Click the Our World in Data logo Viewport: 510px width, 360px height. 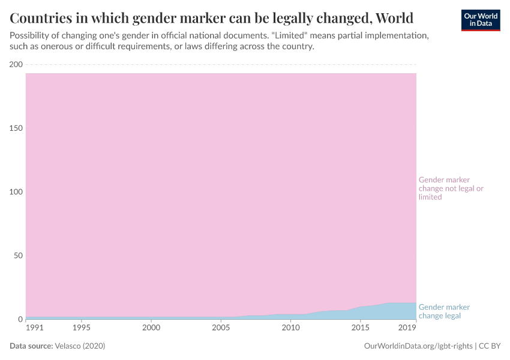click(480, 19)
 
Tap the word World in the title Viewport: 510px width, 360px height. click(394, 16)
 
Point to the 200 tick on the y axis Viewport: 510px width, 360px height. click(16, 65)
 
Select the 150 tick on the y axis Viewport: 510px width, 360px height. click(16, 128)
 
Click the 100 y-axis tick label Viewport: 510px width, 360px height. click(16, 192)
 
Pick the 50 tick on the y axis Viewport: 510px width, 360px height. click(18, 256)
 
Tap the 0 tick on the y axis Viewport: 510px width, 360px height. click(20, 319)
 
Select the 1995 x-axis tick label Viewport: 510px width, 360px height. click(82, 328)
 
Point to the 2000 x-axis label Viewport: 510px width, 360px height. click(151, 328)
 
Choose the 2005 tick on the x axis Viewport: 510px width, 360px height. click(221, 328)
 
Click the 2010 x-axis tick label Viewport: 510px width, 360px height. click(290, 328)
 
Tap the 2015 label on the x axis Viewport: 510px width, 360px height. click(360, 328)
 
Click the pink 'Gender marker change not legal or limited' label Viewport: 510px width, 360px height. click(451, 188)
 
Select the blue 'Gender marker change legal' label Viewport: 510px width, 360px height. click(444, 311)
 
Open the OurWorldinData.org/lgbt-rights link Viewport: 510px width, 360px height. click(418, 346)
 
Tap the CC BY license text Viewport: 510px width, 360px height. click(490, 346)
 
